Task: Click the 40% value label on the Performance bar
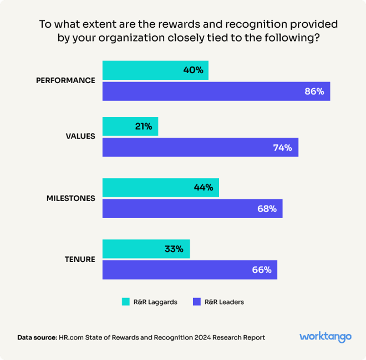(x=193, y=70)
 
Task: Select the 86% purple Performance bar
(x=216, y=91)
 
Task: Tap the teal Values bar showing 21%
(x=130, y=126)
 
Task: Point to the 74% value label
(x=282, y=147)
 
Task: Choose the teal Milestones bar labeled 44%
(x=161, y=188)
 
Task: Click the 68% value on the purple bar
(x=266, y=209)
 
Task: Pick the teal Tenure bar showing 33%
(x=146, y=249)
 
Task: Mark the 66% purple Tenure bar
(x=190, y=270)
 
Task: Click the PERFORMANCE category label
(x=65, y=80)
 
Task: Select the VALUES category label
(x=80, y=136)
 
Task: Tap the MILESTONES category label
(x=70, y=198)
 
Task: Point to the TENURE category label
(x=80, y=259)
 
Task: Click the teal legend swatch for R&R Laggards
(x=126, y=302)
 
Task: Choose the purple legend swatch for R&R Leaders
(x=196, y=302)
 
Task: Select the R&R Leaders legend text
(x=224, y=302)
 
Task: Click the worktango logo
(x=326, y=337)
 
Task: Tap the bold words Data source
(x=37, y=337)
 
